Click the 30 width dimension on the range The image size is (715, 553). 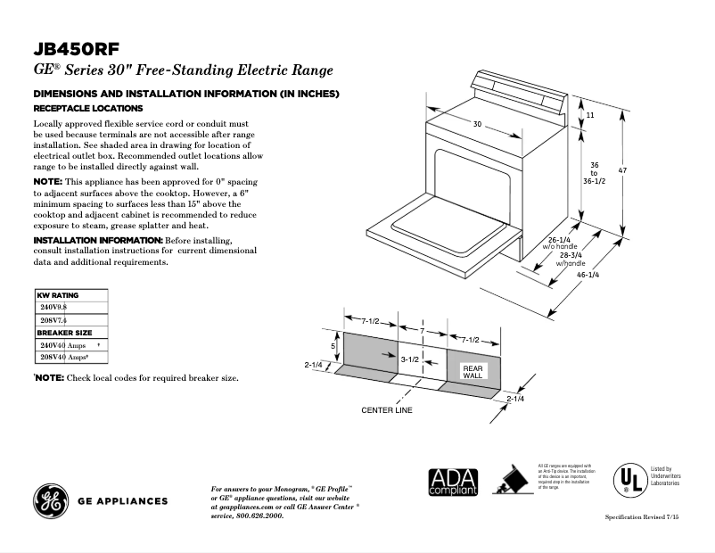(477, 124)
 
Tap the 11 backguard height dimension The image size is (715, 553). (590, 116)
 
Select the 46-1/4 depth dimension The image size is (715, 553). (588, 275)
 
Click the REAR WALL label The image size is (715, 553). (472, 372)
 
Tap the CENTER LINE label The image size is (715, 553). (386, 410)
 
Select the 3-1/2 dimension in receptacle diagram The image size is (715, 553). (409, 359)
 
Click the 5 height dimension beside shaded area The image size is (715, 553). (333, 345)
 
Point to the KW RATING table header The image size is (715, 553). (58, 295)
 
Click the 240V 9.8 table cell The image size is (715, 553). (53, 307)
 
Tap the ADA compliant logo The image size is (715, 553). (454, 482)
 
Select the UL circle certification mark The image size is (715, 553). (629, 481)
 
